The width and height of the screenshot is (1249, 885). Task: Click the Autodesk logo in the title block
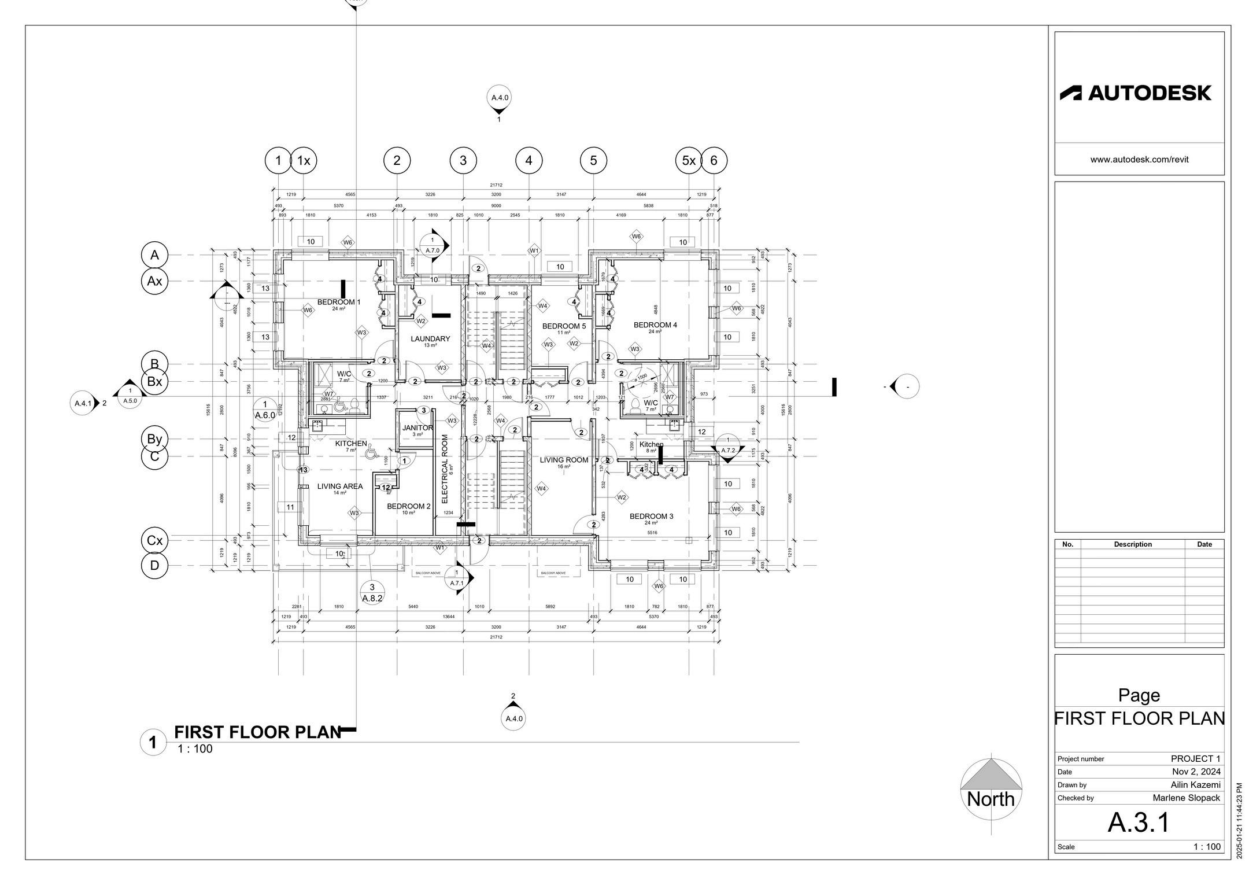click(x=1135, y=93)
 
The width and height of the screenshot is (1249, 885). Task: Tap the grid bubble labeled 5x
click(x=688, y=161)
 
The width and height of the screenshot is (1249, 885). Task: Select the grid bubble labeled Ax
click(x=154, y=281)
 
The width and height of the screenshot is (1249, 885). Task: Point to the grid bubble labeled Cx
click(x=154, y=541)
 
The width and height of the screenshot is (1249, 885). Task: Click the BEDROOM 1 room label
click(x=339, y=303)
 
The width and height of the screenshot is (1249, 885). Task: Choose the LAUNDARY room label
click(x=430, y=339)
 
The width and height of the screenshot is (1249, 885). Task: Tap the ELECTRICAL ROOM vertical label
click(x=445, y=469)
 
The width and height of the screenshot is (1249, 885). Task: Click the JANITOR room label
click(x=417, y=428)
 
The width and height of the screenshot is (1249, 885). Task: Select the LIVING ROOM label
click(x=564, y=460)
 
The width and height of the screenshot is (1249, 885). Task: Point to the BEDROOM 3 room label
click(x=651, y=517)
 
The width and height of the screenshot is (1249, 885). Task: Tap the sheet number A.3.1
click(x=1139, y=823)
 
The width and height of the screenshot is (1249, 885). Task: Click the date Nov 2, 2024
click(x=1196, y=772)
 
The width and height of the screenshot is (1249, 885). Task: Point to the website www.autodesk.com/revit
click(x=1139, y=160)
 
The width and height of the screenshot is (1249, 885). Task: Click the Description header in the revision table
click(x=1133, y=544)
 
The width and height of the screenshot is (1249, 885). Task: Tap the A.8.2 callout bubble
click(x=372, y=593)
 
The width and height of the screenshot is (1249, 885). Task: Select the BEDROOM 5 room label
click(x=564, y=326)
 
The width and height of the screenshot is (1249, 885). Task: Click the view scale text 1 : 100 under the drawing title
click(x=195, y=749)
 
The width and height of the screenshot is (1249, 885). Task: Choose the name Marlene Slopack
click(x=1186, y=798)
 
